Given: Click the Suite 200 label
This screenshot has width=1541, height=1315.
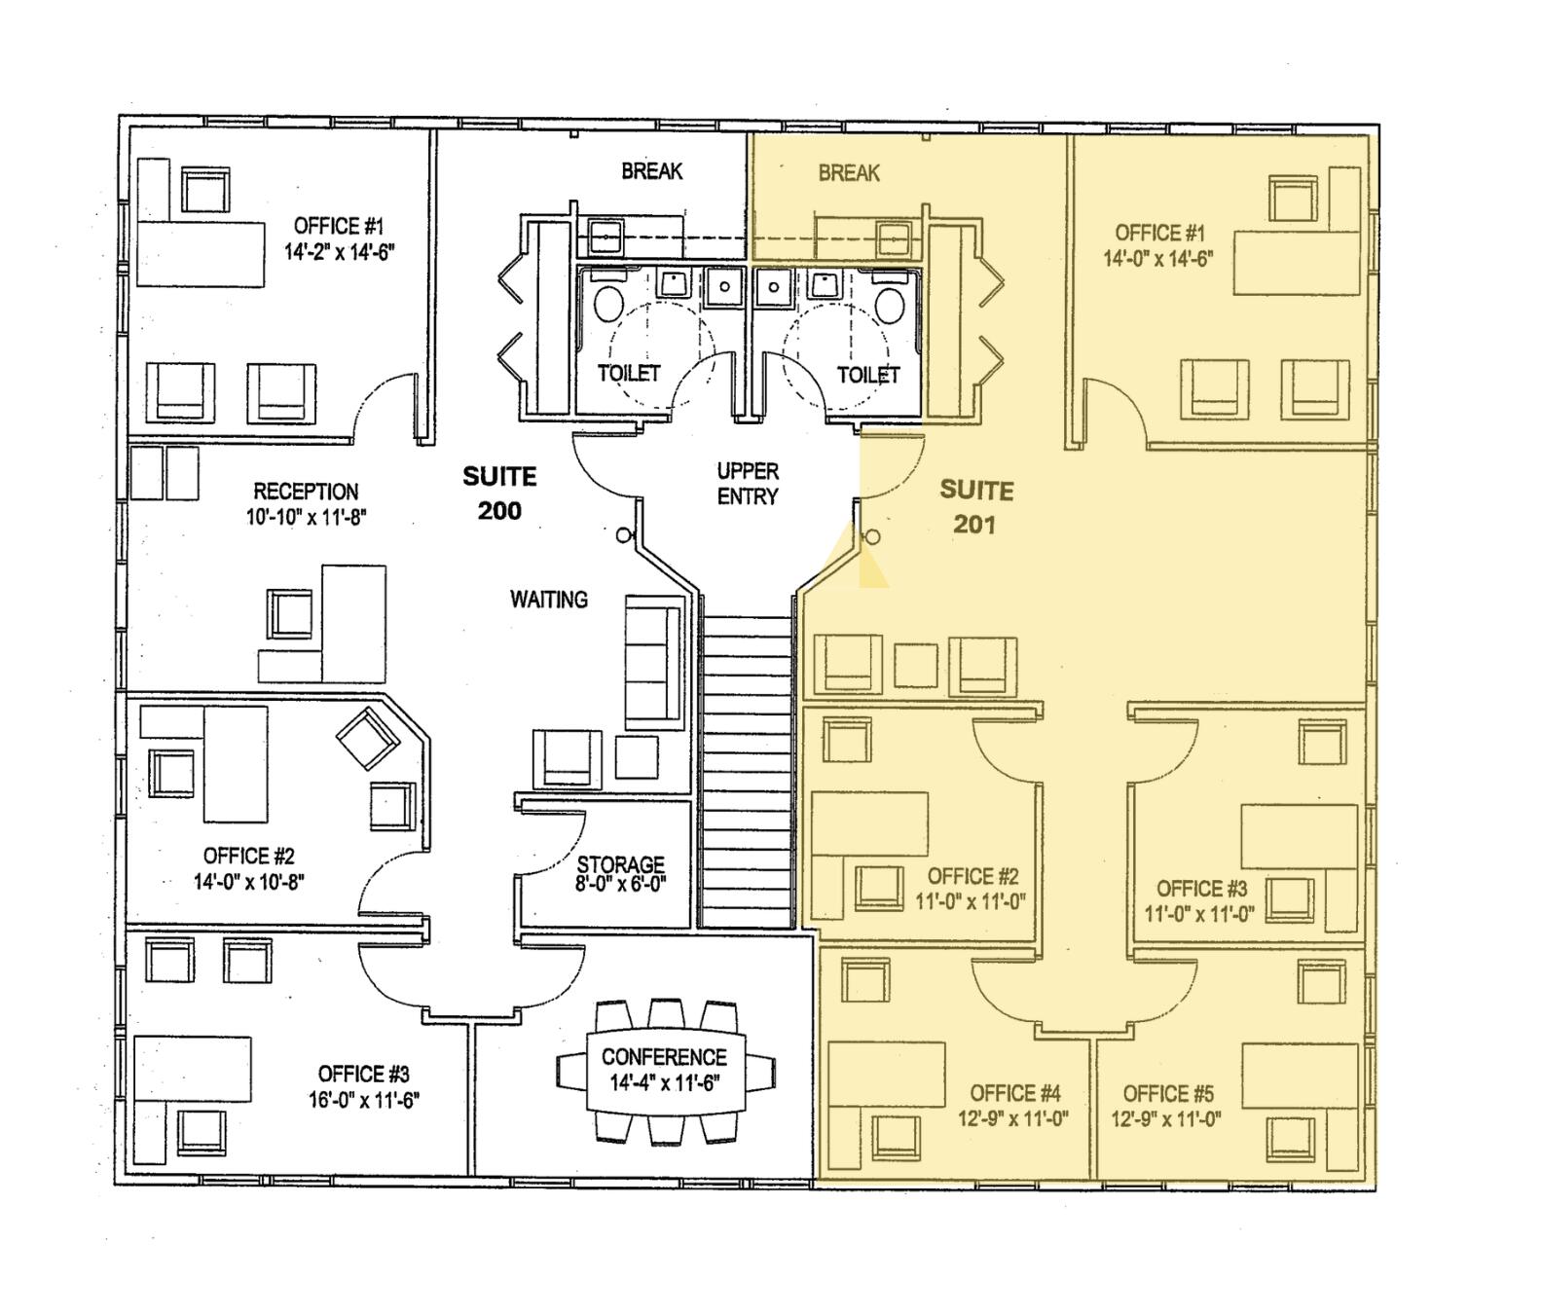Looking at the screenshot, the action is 499,493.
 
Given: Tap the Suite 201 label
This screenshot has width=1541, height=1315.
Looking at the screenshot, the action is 975,507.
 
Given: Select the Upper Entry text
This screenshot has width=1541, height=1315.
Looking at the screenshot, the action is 748,484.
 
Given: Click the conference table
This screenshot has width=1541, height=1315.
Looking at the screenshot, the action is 666,1070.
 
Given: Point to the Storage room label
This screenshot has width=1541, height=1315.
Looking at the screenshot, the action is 620,864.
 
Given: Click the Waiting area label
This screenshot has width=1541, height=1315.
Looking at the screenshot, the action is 549,600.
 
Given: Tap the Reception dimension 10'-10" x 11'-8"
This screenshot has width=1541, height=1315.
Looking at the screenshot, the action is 306,517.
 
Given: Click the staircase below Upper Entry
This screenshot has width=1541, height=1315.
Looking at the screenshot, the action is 746,771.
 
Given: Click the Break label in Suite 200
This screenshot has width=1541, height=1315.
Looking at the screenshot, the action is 652,171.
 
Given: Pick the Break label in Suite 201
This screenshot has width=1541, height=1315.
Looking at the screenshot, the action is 849,173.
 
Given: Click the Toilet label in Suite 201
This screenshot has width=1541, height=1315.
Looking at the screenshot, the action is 868,375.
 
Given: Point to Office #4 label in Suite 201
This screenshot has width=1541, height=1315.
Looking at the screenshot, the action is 1015,1093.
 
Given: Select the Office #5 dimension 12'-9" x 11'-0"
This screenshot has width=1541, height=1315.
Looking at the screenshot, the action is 1166,1119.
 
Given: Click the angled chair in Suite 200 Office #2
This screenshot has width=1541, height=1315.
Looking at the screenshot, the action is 368,739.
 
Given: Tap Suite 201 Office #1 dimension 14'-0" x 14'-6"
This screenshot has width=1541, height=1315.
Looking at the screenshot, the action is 1158,259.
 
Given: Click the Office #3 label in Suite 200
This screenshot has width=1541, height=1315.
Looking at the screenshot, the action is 363,1075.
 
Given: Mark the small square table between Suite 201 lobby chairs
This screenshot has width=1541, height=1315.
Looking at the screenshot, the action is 916,666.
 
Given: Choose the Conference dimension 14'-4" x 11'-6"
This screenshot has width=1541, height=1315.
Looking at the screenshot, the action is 664,1083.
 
